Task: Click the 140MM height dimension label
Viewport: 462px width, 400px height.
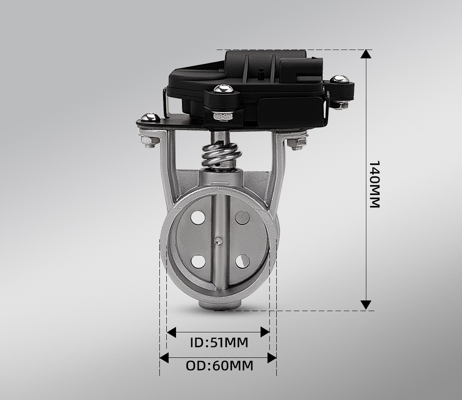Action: [x=374, y=185]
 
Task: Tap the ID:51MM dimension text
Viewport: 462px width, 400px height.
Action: [x=219, y=343]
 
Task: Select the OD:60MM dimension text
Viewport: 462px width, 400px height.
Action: [x=219, y=366]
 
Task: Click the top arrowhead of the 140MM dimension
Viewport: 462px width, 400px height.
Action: [x=366, y=54]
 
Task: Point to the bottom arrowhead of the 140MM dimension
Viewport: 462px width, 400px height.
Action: [x=366, y=305]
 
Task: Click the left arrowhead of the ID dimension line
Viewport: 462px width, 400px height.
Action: [x=171, y=332]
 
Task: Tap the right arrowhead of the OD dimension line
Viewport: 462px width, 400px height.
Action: [x=272, y=358]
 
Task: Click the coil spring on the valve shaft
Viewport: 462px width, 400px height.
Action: [x=221, y=154]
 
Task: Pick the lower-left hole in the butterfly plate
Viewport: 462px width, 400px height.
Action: [x=198, y=261]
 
